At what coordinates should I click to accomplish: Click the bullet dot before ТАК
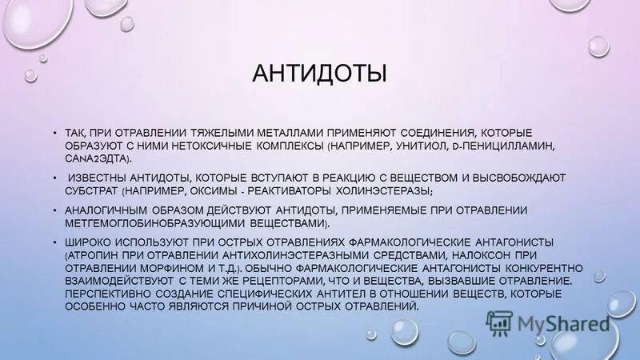point(54,132)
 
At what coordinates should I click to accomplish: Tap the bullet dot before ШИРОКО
point(54,242)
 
